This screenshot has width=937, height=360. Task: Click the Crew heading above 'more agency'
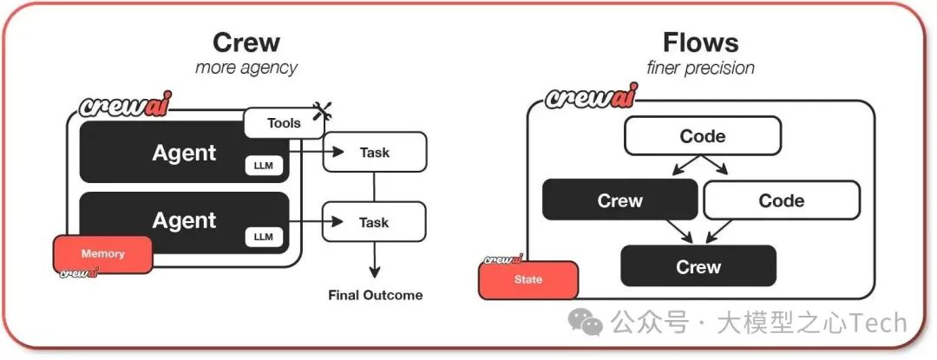point(246,43)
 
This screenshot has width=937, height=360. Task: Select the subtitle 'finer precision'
point(700,68)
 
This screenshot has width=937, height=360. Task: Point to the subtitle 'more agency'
point(246,68)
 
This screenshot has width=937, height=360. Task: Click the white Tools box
point(284,123)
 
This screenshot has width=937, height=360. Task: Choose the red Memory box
point(103,254)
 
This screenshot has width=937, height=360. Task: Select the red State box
point(528,279)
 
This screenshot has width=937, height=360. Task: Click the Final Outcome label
point(376,295)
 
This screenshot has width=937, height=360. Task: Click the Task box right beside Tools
point(375,153)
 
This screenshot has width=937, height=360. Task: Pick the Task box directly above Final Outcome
point(375,222)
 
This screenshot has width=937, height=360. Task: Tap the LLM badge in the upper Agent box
point(264,166)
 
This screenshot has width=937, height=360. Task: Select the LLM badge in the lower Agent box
point(264,236)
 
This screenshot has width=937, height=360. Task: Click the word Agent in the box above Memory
point(184,221)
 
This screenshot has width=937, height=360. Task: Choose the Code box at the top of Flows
point(703,136)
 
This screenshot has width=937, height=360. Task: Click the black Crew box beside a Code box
point(620,200)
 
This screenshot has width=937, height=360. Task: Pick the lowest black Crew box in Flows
point(698,266)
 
